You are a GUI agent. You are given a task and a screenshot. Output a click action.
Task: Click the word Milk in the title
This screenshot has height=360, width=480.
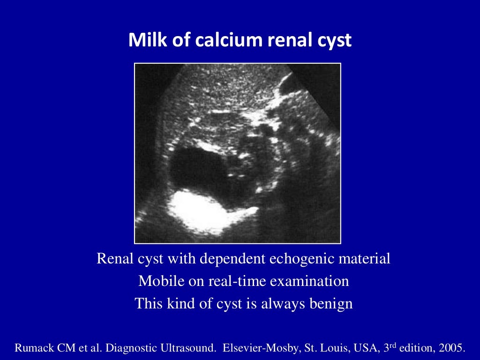[144, 41]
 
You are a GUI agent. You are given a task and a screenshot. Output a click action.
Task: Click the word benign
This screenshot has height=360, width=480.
[331, 304]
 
